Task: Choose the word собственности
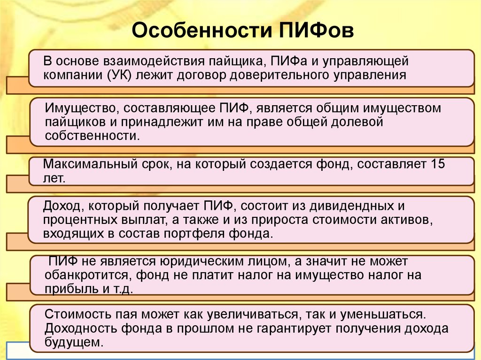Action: click(x=93, y=136)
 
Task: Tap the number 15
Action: click(x=438, y=164)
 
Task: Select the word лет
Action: click(x=54, y=178)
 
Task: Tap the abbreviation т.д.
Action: click(x=123, y=289)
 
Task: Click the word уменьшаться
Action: click(x=383, y=314)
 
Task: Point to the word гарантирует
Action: click(x=294, y=329)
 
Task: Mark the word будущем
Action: click(x=73, y=342)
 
